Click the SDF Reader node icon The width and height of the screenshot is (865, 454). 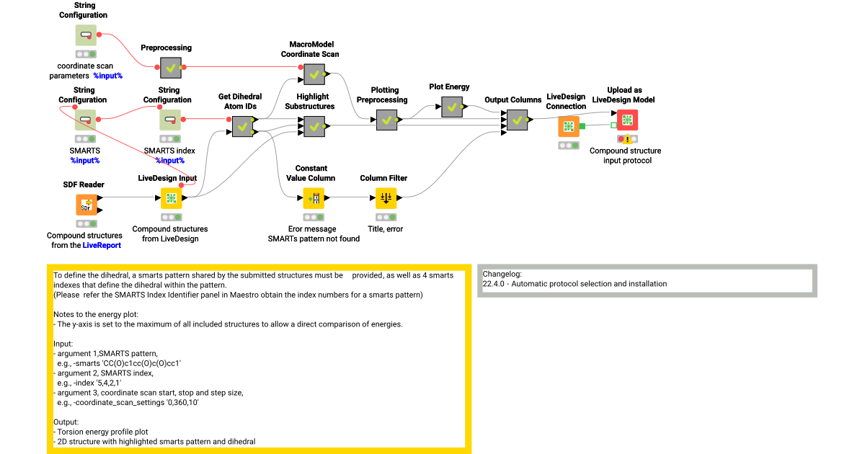[x=86, y=205]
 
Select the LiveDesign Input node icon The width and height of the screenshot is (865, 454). [x=171, y=198]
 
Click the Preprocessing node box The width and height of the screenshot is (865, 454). [x=171, y=68]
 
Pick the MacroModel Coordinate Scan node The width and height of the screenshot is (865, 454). [x=314, y=74]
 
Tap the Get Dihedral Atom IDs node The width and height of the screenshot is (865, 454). [x=241, y=126]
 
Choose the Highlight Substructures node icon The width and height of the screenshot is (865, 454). [x=314, y=126]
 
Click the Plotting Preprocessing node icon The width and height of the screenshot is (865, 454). [x=386, y=120]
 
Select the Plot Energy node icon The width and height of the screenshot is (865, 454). [x=452, y=107]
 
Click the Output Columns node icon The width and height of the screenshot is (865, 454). [x=517, y=120]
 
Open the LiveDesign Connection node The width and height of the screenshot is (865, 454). [x=569, y=127]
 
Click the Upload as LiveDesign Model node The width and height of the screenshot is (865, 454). [x=626, y=120]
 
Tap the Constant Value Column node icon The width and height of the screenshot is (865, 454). [x=314, y=198]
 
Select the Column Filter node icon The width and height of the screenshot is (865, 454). [x=386, y=198]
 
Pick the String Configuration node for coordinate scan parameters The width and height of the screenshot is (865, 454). [x=86, y=35]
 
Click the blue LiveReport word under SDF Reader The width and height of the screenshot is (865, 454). [x=102, y=245]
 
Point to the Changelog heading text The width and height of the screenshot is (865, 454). [x=501, y=274]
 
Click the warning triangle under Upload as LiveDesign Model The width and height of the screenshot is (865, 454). [x=628, y=139]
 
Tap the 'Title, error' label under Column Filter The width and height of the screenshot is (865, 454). [x=386, y=229]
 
